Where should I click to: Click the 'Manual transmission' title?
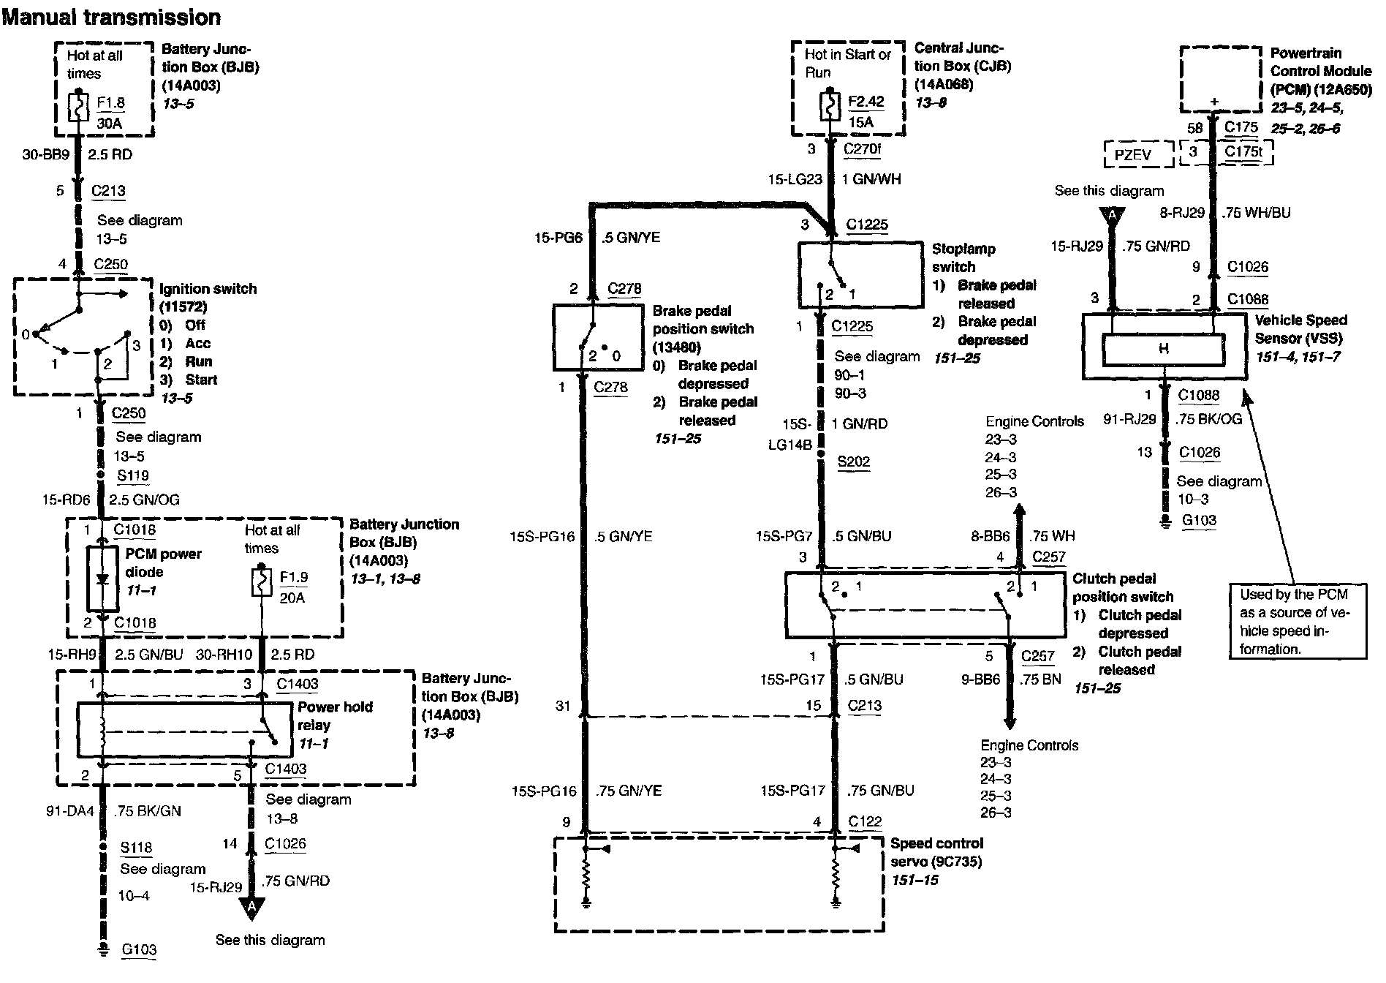(111, 16)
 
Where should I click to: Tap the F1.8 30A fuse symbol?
(78, 108)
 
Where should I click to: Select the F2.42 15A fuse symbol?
(830, 107)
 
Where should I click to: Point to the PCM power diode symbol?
(102, 578)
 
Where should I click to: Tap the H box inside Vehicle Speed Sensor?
(1163, 350)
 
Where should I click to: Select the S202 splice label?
(854, 462)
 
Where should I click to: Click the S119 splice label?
(133, 475)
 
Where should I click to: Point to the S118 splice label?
(137, 848)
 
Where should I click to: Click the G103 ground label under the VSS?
(1200, 520)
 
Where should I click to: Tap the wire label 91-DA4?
(69, 810)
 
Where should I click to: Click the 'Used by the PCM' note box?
(1298, 621)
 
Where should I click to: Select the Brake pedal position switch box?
(597, 337)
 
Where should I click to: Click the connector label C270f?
(862, 149)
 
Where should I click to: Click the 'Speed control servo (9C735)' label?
(936, 852)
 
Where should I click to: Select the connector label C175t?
(1243, 151)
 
